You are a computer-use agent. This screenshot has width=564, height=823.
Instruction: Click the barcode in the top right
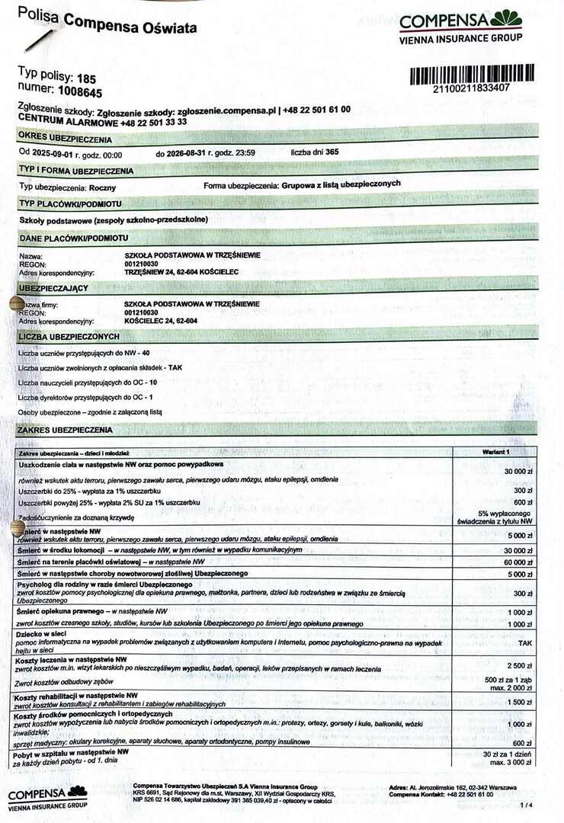pyautogui.click(x=472, y=73)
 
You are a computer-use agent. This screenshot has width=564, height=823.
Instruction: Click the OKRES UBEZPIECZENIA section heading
pyautogui.click(x=65, y=139)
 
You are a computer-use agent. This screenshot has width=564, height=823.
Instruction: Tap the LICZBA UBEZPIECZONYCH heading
pyautogui.click(x=69, y=336)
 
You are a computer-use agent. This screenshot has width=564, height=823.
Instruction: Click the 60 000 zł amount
pyautogui.click(x=517, y=562)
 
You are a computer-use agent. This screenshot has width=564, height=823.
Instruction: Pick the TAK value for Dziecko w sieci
pyautogui.click(x=524, y=642)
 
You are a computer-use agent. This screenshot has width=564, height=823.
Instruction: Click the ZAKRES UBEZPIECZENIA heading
pyautogui.click(x=65, y=431)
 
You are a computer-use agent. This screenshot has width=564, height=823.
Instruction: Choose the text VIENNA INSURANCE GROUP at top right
pyautogui.click(x=461, y=37)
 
